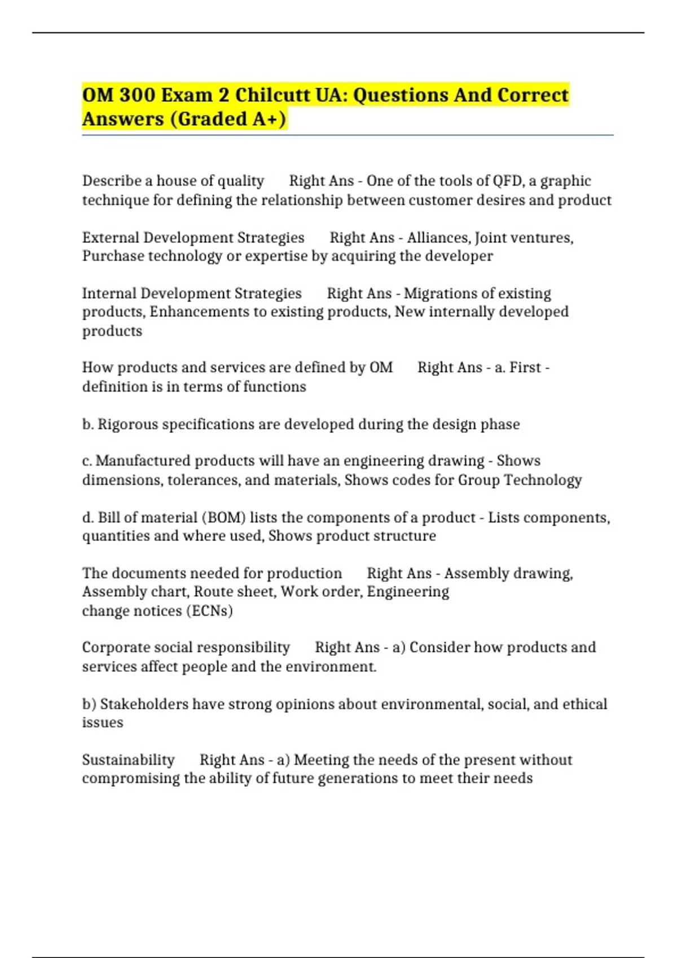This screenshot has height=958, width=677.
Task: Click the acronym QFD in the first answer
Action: click(x=507, y=181)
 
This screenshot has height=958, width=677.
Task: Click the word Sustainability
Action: click(x=128, y=760)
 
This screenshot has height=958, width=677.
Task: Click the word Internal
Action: click(x=109, y=294)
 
